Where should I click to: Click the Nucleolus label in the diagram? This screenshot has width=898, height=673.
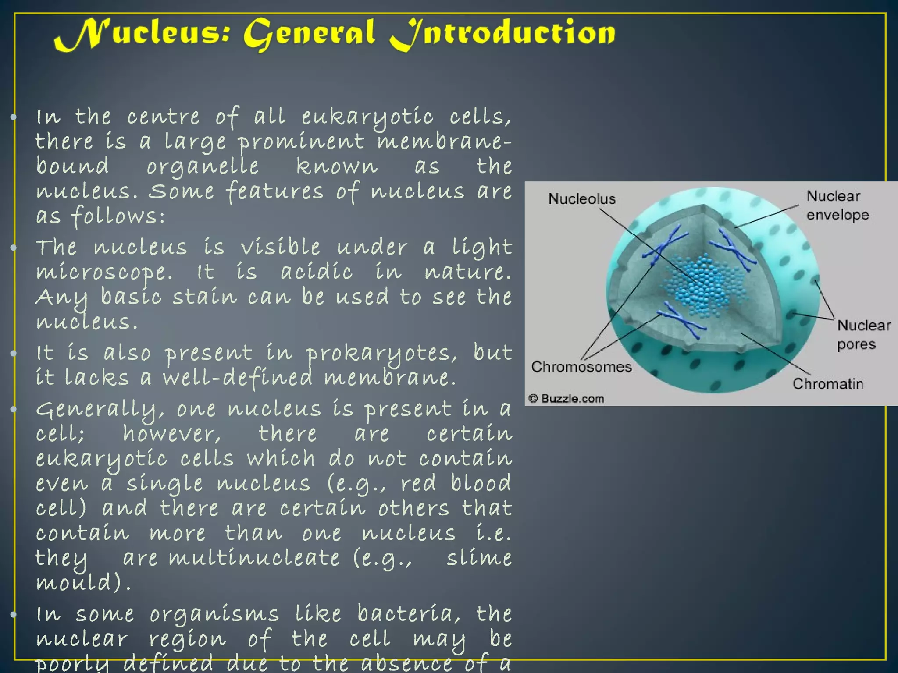582,199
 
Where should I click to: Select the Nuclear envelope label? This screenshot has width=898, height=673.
837,205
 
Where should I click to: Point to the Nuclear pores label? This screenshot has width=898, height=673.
863,335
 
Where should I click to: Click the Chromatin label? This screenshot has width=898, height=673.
828,384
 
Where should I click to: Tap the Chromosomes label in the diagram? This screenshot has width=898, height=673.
581,367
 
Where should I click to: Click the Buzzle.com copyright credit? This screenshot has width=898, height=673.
567,399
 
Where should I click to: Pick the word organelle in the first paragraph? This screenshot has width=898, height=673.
203,167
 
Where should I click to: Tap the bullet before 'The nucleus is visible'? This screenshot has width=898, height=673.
14,248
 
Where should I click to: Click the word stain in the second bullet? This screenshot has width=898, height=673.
204,297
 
